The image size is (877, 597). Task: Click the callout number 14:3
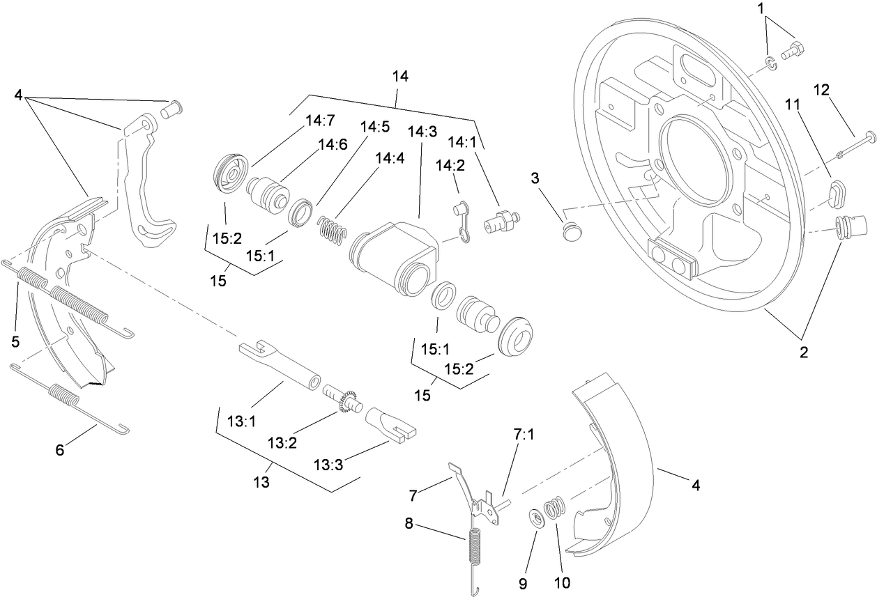pyautogui.click(x=422, y=132)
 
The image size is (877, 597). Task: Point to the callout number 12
pyautogui.click(x=822, y=89)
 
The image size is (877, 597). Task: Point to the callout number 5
pyautogui.click(x=15, y=342)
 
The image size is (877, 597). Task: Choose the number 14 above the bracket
pyautogui.click(x=400, y=76)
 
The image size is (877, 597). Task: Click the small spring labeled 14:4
pyautogui.click(x=331, y=229)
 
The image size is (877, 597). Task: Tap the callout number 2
pyautogui.click(x=804, y=352)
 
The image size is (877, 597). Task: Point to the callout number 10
pyautogui.click(x=561, y=582)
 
